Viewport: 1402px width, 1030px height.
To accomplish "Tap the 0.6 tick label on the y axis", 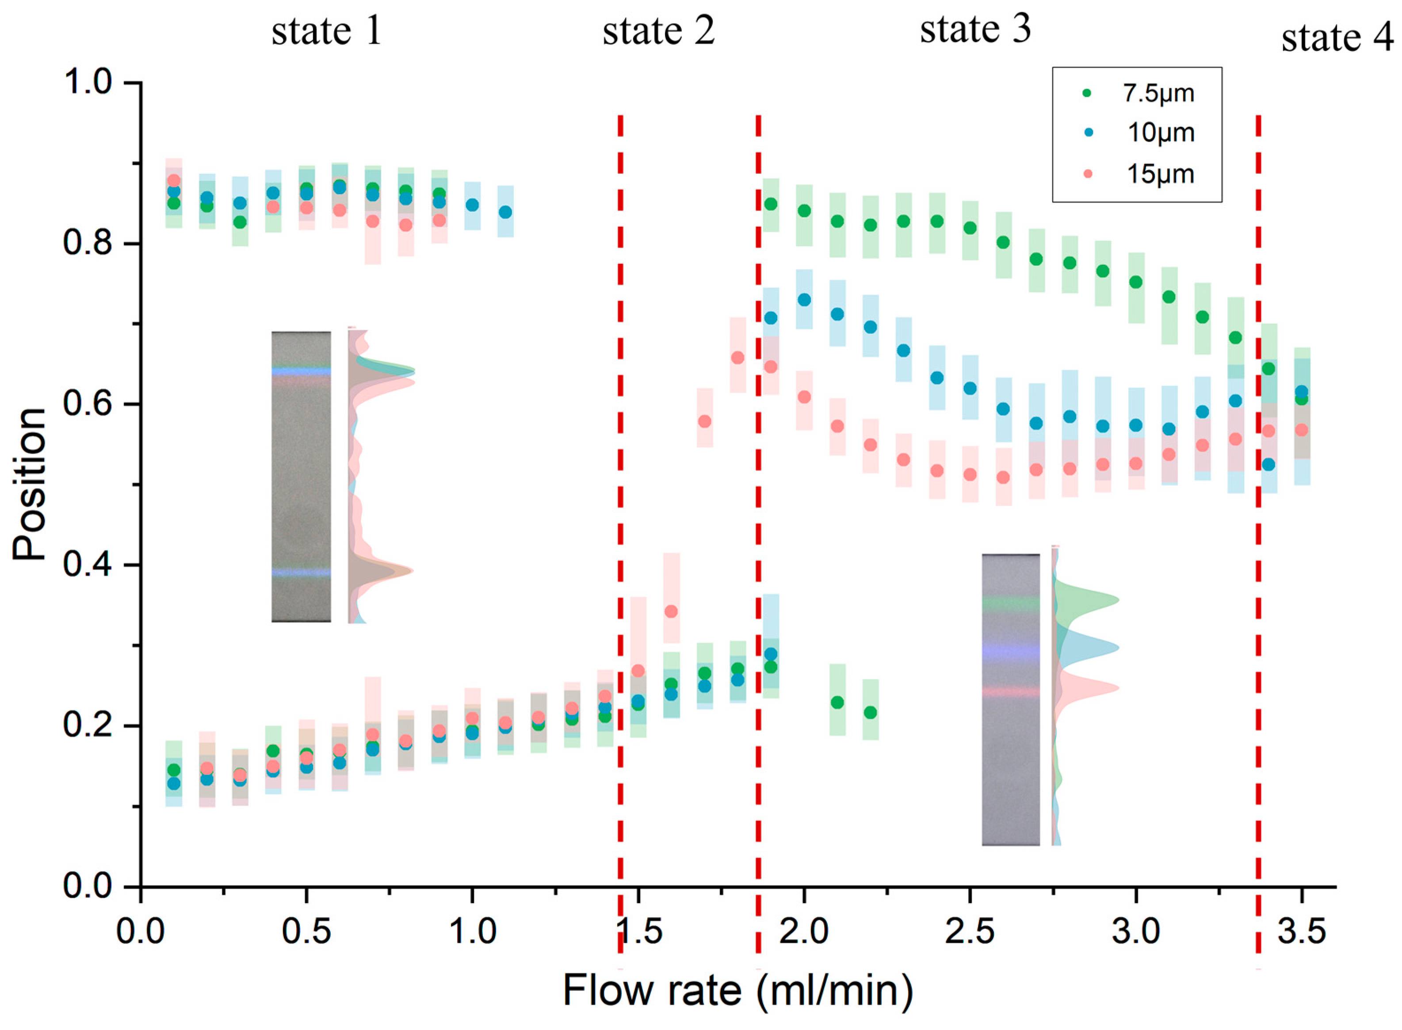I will click(87, 404).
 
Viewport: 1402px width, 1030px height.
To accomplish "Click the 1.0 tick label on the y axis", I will click(87, 82).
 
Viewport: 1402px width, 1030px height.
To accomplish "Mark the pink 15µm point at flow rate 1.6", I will click(671, 612).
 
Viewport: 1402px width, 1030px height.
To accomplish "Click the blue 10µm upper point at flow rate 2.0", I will click(805, 300).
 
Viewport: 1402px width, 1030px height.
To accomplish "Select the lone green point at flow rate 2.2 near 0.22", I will click(871, 712).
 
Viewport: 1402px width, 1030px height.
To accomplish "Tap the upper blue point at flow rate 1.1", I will click(505, 212).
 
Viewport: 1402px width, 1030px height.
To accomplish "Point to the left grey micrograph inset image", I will click(301, 477).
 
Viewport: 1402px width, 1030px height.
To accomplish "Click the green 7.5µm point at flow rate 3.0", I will click(1136, 282).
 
